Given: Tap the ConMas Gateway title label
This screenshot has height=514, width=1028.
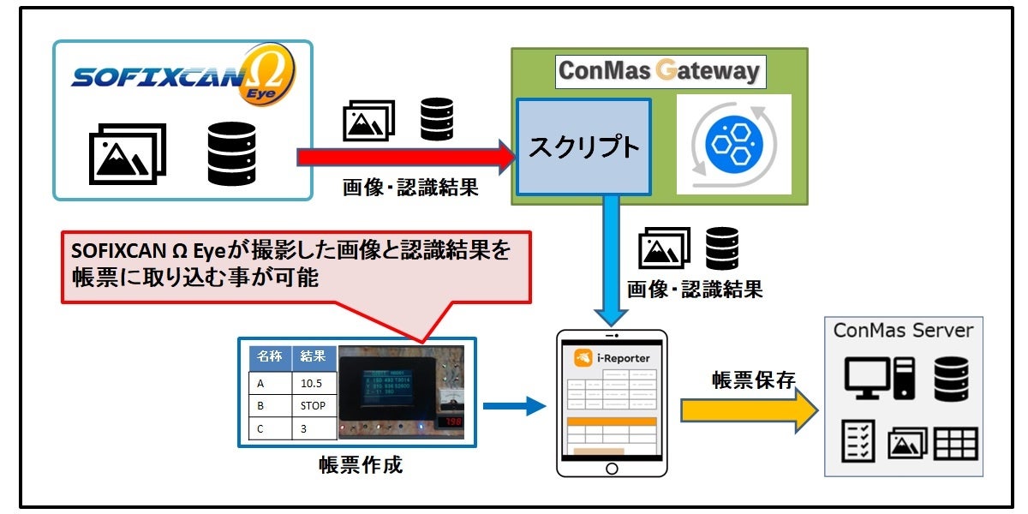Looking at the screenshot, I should [659, 70].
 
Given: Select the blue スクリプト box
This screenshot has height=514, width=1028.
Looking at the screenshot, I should [583, 147].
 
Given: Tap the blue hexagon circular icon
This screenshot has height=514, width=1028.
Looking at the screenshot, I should [733, 143].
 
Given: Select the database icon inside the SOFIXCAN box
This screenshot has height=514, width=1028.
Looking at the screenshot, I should [232, 153].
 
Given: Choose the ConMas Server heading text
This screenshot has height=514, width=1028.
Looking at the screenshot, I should [903, 331].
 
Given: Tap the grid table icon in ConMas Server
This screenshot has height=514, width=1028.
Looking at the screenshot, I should [955, 445].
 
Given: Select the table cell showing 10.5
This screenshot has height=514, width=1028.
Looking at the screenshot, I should [313, 383].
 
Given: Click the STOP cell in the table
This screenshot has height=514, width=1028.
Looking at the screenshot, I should [313, 405].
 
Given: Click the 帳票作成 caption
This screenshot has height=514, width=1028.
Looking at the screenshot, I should [360, 465].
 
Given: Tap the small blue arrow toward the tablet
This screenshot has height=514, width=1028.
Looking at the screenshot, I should [514, 406].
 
